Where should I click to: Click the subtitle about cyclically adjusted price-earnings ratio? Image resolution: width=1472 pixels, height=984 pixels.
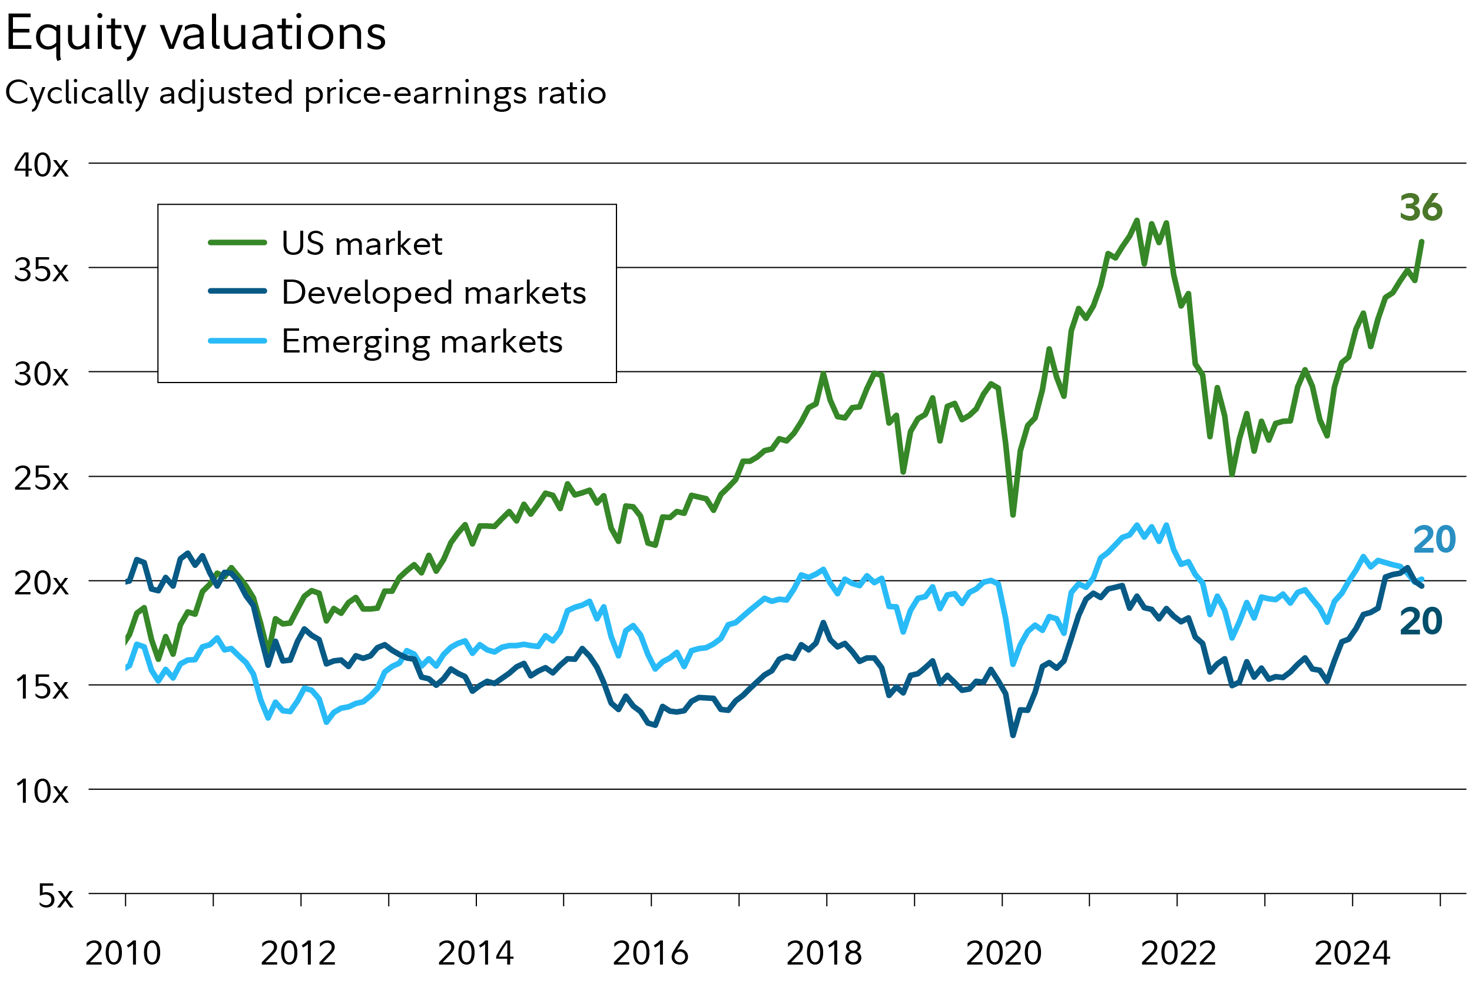(x=306, y=93)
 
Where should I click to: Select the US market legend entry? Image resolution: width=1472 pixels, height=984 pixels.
(x=362, y=244)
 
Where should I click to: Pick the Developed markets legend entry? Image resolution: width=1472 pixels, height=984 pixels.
(x=433, y=292)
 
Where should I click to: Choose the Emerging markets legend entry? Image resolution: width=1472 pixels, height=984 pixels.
(x=422, y=341)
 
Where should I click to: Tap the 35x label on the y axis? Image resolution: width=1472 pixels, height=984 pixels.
(x=41, y=270)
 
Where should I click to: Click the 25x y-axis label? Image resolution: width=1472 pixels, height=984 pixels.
(x=41, y=479)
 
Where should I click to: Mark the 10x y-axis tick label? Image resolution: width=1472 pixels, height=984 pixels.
(x=41, y=792)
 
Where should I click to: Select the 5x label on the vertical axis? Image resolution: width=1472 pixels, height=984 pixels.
(x=55, y=896)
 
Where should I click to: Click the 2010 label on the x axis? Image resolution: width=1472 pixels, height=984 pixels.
(x=123, y=953)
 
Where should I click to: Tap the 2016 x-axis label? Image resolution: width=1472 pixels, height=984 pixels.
(x=650, y=953)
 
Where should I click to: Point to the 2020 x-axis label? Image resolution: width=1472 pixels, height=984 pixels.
(x=1003, y=953)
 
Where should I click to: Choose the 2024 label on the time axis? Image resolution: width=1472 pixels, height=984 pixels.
(x=1352, y=953)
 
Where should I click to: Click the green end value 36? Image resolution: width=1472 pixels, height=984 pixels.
(x=1421, y=207)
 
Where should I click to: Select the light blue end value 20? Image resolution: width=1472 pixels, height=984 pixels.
(x=1434, y=539)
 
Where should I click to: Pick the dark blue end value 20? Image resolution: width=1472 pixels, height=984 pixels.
(x=1421, y=621)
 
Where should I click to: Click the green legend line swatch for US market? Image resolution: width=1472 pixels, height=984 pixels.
(x=237, y=242)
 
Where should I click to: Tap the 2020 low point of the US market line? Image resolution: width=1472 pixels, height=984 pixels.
(x=1013, y=514)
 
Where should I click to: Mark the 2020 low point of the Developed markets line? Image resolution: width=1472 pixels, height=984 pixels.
(x=1013, y=735)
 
